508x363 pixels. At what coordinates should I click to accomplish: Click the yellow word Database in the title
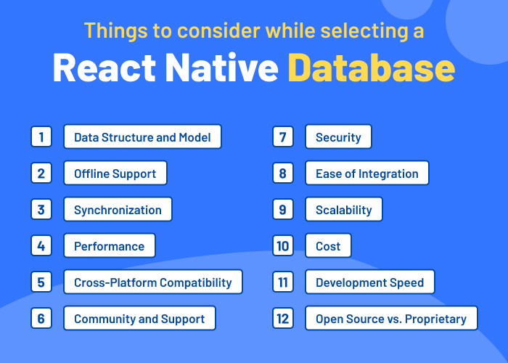click(x=371, y=69)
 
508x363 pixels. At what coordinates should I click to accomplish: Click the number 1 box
click(x=41, y=136)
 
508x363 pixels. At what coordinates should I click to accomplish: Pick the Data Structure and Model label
click(x=142, y=137)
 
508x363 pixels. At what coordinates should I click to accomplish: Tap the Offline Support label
click(x=115, y=174)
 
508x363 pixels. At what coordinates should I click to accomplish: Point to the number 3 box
click(x=41, y=209)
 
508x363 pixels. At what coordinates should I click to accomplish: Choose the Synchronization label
click(x=118, y=210)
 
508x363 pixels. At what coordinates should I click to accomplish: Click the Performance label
click(x=109, y=246)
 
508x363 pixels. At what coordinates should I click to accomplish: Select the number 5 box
click(x=41, y=282)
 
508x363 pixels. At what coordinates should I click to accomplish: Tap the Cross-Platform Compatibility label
click(x=153, y=282)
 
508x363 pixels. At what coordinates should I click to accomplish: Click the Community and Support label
click(x=139, y=319)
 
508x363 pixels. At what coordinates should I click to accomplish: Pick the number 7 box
click(x=282, y=136)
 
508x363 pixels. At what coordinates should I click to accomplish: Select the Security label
click(x=338, y=137)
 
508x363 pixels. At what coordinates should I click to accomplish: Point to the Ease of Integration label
click(x=367, y=174)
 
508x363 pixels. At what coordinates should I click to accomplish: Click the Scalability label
click(x=344, y=210)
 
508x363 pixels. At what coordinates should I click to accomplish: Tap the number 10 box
click(x=282, y=245)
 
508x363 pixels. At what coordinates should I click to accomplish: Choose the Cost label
click(x=328, y=246)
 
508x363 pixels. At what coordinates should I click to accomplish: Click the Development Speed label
click(x=369, y=282)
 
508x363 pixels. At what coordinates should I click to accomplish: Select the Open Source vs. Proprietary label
click(x=391, y=319)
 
